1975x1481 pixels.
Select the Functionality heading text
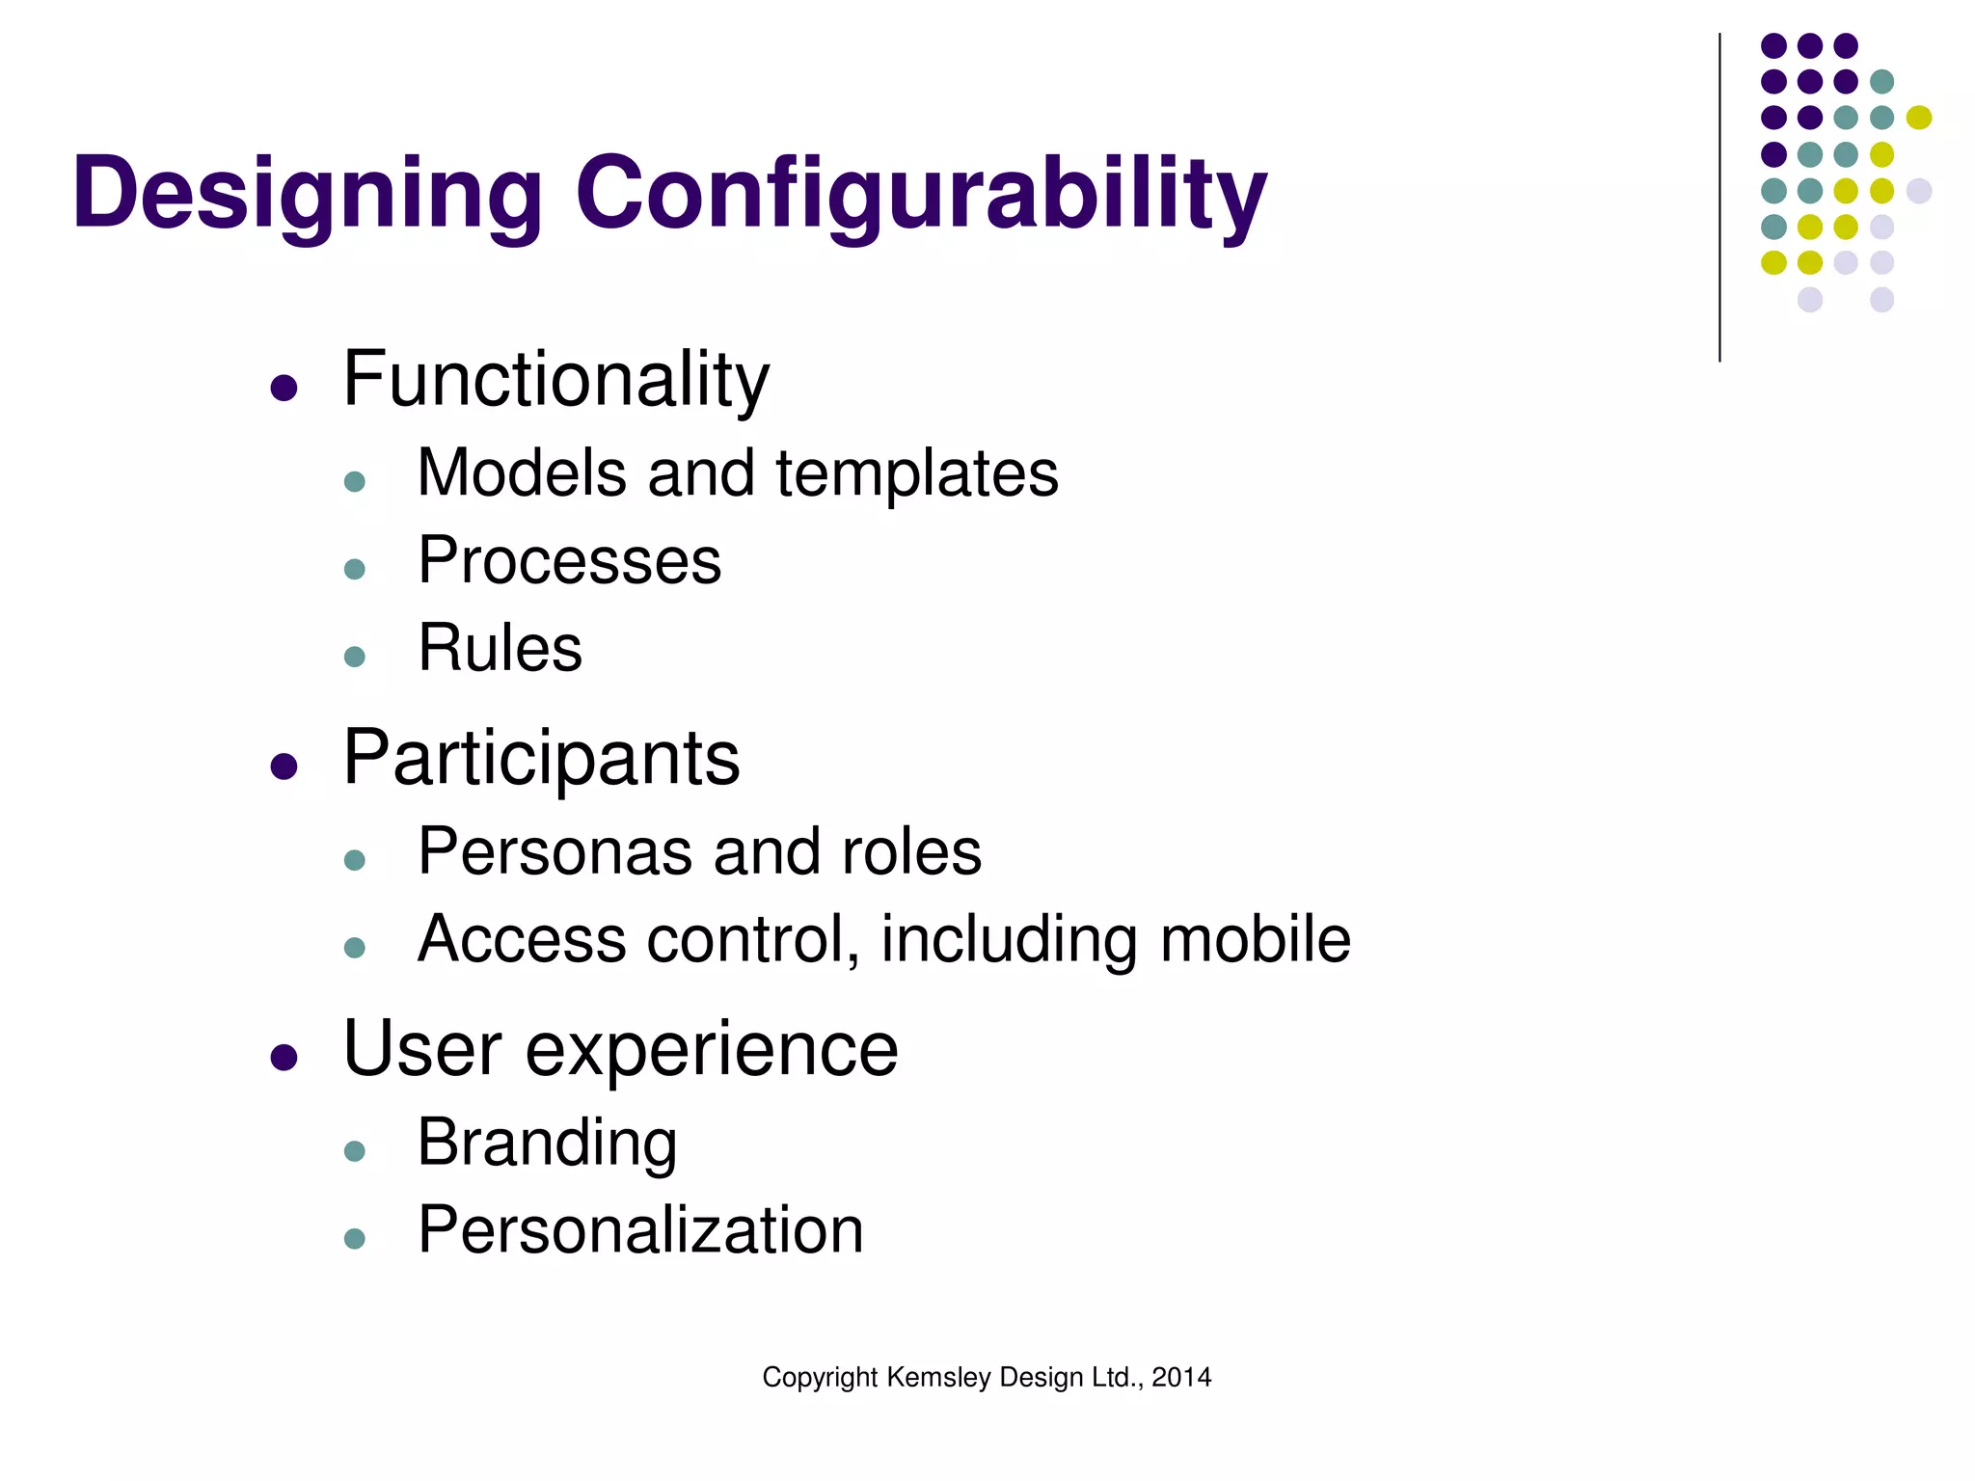pos(556,381)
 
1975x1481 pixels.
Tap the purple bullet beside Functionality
pos(284,389)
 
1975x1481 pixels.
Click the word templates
pos(916,473)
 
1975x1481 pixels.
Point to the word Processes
pos(569,561)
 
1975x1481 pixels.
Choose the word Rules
pos(500,648)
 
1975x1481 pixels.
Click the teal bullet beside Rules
pos(355,657)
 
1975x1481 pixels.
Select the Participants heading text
pos(541,760)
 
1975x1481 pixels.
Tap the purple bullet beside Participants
pos(284,767)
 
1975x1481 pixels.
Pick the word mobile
pos(1255,939)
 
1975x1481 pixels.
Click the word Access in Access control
pos(521,939)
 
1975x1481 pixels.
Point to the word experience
pos(711,1050)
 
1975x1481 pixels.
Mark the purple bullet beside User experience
pos(284,1058)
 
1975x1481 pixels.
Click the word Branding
pos(547,1144)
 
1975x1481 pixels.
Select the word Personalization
pos(640,1231)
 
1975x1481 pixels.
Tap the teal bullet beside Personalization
pos(355,1239)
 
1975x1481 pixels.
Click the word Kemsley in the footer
pos(938,1377)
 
